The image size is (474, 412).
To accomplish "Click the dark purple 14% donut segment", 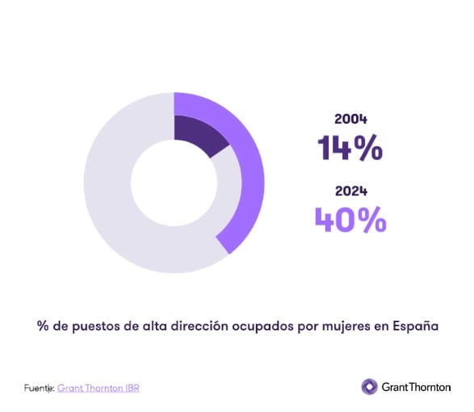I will (197, 133).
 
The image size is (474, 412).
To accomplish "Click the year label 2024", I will (351, 191).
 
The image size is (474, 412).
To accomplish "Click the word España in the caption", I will (416, 327).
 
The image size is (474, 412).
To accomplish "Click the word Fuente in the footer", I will (36, 388).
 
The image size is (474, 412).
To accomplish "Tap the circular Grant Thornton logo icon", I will (369, 387).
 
